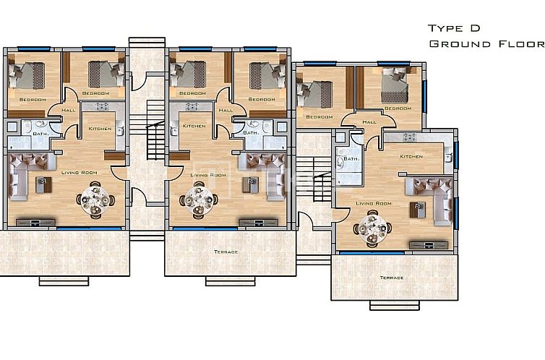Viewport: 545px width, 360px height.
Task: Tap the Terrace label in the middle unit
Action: point(226,252)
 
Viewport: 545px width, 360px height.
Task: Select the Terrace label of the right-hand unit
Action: point(391,278)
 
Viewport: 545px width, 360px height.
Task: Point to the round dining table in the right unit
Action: point(372,228)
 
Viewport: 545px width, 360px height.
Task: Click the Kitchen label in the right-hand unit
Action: point(411,156)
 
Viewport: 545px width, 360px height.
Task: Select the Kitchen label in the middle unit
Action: point(194,127)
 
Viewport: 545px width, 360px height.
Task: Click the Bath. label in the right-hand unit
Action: point(351,159)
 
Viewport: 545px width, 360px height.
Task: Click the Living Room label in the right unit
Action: point(374,203)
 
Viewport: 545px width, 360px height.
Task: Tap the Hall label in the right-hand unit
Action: point(369,122)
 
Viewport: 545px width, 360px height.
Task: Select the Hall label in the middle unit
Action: point(226,111)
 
